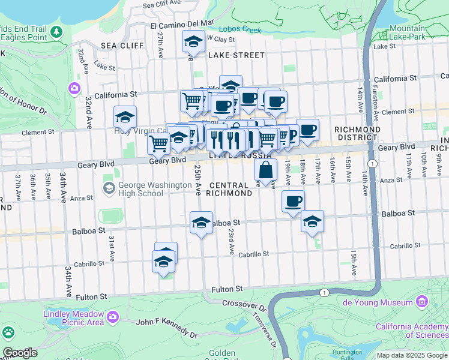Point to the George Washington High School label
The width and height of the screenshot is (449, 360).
point(140,189)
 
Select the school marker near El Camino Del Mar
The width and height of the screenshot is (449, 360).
point(193,41)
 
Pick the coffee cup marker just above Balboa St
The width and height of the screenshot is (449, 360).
point(293,202)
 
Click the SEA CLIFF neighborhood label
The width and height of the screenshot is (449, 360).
point(122,46)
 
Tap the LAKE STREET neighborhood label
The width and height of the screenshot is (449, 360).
point(236,55)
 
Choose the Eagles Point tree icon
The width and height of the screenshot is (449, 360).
point(56,32)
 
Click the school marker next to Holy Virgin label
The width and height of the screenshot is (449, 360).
point(125,116)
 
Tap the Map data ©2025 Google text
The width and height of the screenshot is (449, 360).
point(412,355)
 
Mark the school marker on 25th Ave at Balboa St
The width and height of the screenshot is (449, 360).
point(201,223)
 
